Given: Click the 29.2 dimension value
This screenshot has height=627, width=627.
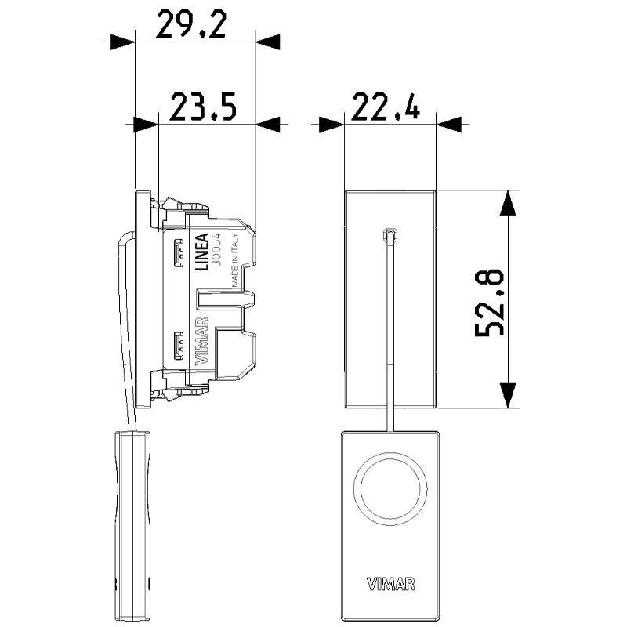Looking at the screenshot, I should pyautogui.click(x=191, y=25).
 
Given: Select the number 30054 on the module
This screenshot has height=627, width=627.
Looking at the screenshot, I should pyautogui.click(x=218, y=252).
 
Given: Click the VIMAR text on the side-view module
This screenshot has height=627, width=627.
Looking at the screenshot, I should pyautogui.click(x=201, y=342).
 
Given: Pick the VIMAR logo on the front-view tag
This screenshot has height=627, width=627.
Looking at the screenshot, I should pyautogui.click(x=390, y=583).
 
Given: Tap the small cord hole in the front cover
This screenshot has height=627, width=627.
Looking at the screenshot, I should pyautogui.click(x=390, y=234).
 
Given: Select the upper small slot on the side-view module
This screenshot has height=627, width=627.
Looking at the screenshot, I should pyautogui.click(x=178, y=252).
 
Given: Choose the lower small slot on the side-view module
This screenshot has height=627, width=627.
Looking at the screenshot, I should pyautogui.click(x=178, y=343).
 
